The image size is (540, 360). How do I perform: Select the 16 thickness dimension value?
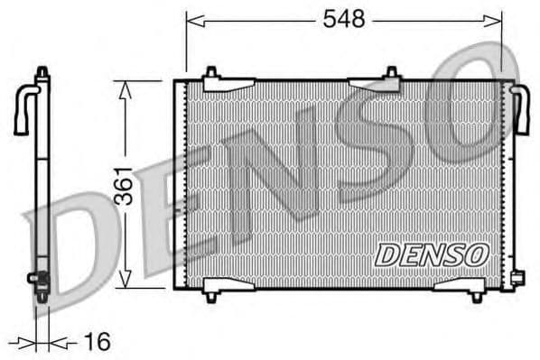96,342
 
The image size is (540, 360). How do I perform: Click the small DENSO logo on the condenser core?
432,255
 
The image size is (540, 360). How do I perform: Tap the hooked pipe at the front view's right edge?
520,108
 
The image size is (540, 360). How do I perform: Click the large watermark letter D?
81,244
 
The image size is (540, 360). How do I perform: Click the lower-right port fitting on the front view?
516,277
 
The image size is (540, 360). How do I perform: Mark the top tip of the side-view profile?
42,69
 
